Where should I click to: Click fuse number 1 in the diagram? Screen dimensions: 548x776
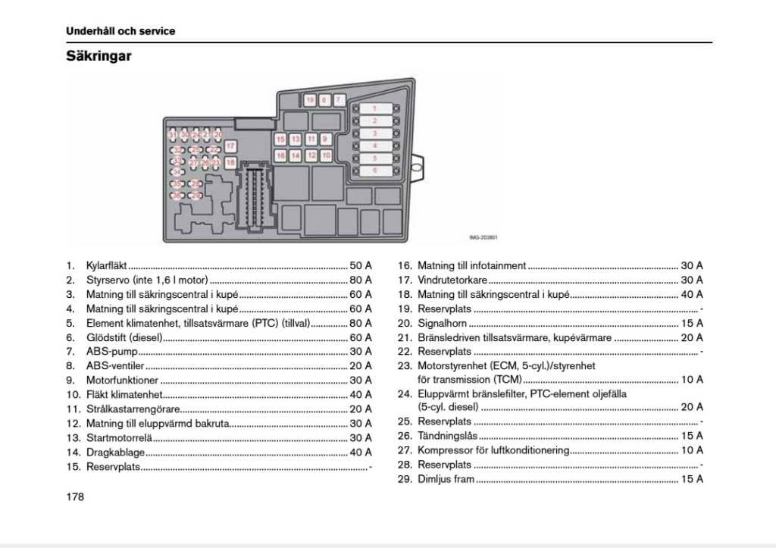pos(374,108)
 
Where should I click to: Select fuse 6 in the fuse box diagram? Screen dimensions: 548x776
pos(374,171)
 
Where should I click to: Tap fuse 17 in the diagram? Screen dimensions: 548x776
pos(230,146)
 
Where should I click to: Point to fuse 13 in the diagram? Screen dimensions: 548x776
pos(296,139)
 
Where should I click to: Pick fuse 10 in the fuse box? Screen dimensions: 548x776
pos(326,155)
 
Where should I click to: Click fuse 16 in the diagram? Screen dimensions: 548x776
pos(280,155)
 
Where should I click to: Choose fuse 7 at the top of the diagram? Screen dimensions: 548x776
pos(339,99)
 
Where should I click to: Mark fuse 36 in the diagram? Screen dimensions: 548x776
pos(177,196)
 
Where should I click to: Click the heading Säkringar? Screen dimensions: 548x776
pos(99,56)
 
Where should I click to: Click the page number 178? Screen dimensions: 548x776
pos(75,497)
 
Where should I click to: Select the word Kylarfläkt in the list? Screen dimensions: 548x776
pos(106,266)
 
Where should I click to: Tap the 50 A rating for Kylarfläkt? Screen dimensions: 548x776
pos(361,266)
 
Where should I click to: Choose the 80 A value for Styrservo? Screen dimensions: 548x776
pos(361,280)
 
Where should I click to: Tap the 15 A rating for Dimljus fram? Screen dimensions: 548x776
pos(692,479)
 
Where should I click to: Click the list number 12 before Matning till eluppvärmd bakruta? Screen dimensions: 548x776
pos(73,424)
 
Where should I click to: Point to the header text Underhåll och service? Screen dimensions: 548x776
pos(120,31)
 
